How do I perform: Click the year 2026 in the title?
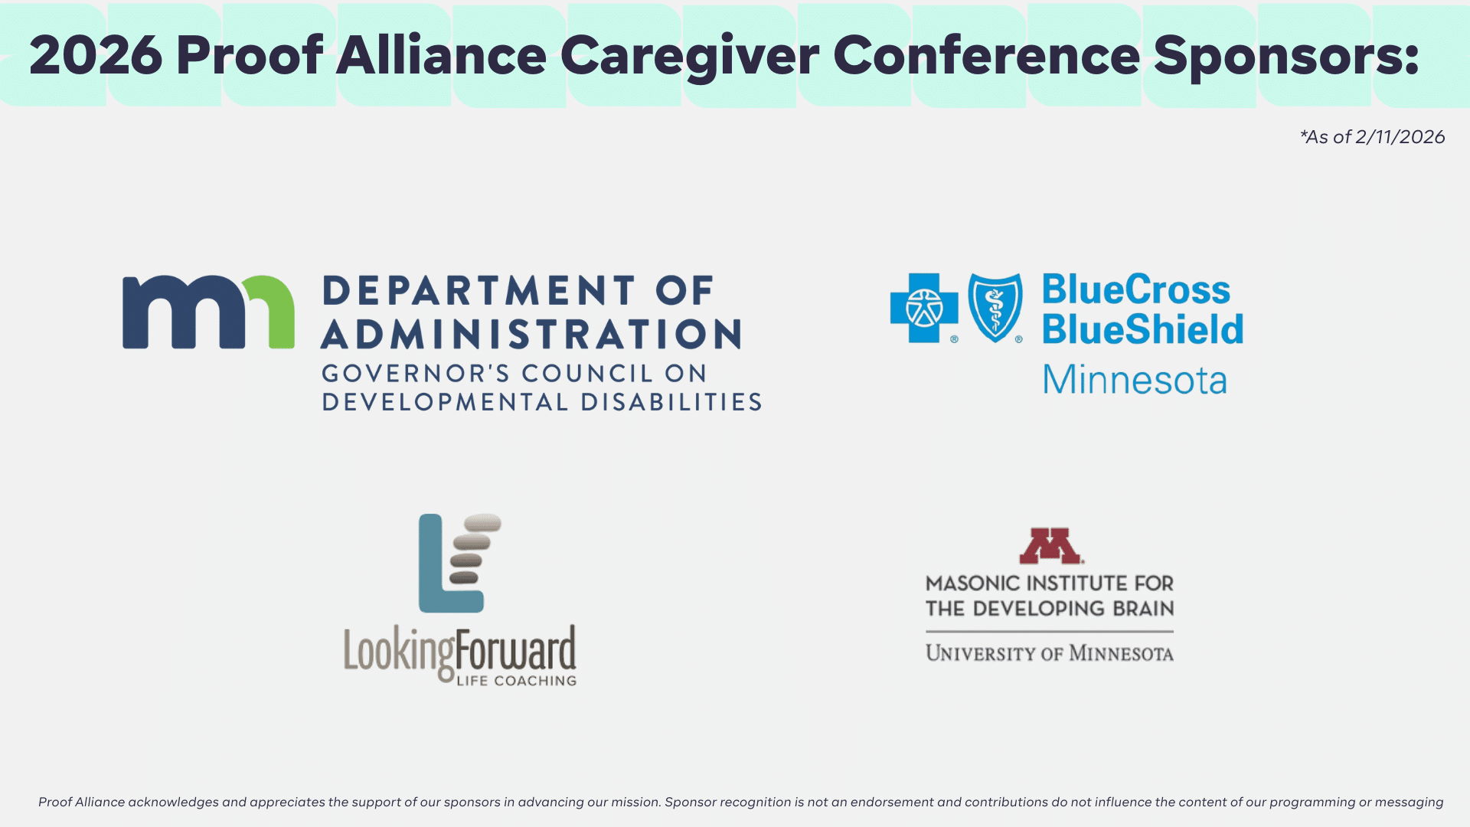[96, 55]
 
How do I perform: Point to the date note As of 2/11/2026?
[1373, 137]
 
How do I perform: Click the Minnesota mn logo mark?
[208, 312]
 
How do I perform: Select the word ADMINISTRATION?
[531, 335]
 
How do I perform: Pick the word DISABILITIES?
[671, 402]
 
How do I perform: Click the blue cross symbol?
[924, 308]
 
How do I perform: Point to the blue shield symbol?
[995, 307]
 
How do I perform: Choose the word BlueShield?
[1142, 329]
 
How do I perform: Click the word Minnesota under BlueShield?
[1135, 380]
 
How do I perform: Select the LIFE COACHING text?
[517, 681]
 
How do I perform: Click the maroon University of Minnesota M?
[1050, 545]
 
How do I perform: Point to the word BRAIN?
[1143, 609]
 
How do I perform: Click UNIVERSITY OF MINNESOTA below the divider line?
[1050, 653]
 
